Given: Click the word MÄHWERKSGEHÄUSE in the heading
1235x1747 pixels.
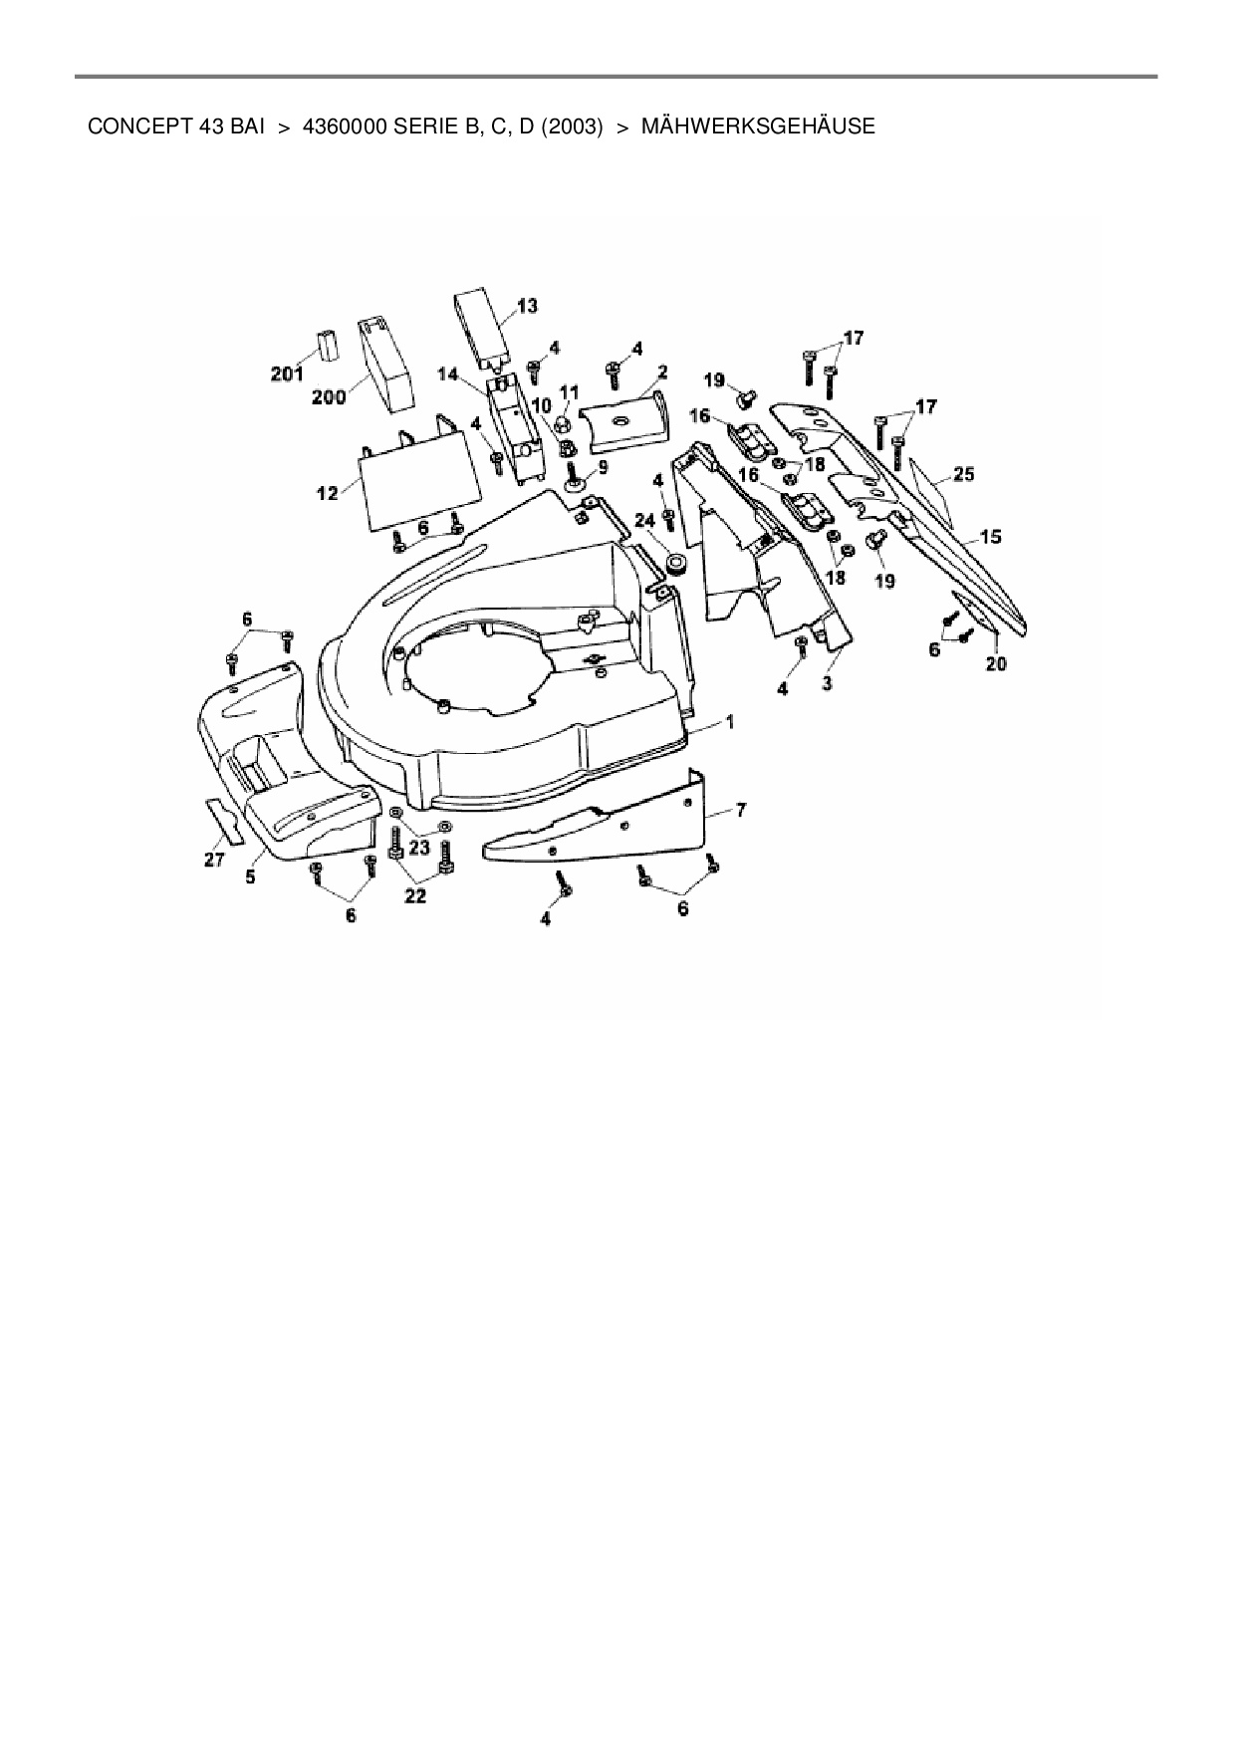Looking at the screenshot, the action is pyautogui.click(x=758, y=127).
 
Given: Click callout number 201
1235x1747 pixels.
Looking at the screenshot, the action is pyautogui.click(x=286, y=374).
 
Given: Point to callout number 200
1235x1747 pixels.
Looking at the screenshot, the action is pyautogui.click(x=329, y=397).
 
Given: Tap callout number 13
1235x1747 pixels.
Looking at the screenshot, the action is pyautogui.click(x=527, y=305).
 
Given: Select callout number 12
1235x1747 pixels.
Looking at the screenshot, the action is pyautogui.click(x=328, y=492).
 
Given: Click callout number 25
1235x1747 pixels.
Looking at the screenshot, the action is pyautogui.click(x=963, y=474).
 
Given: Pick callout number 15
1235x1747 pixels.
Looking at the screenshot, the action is pyautogui.click(x=990, y=537).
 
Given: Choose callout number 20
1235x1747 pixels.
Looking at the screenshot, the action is pyautogui.click(x=996, y=663).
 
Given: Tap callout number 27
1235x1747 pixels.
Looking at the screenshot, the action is pyautogui.click(x=214, y=860).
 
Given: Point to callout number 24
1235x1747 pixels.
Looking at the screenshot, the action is pyautogui.click(x=644, y=519).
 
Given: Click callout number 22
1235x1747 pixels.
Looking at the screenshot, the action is pyautogui.click(x=414, y=895).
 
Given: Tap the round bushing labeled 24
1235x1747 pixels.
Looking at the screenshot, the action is pyautogui.click(x=677, y=565).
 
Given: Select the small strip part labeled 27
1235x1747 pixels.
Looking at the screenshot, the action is pyautogui.click(x=225, y=821).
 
